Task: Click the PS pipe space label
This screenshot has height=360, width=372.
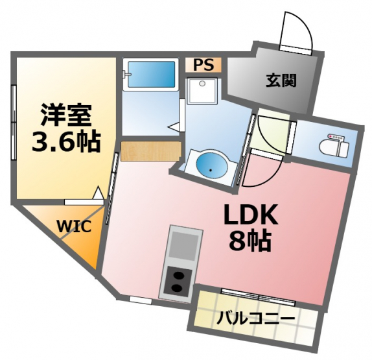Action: pyautogui.click(x=203, y=65)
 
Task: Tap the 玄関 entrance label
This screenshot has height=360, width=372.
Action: pyautogui.click(x=281, y=80)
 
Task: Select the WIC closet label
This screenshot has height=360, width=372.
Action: pyautogui.click(x=74, y=226)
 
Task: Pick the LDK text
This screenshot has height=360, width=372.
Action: pyautogui.click(x=250, y=215)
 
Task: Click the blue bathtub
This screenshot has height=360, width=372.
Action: pyautogui.click(x=152, y=75)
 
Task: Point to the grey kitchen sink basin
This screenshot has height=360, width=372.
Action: pyautogui.click(x=184, y=245)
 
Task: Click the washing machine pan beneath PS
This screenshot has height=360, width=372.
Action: pyautogui.click(x=202, y=91)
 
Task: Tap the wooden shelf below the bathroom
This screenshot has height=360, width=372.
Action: pyautogui.click(x=151, y=151)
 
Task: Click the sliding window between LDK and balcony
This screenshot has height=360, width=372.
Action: pyautogui.click(x=259, y=297)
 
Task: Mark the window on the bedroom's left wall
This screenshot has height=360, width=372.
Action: pyautogui.click(x=14, y=122)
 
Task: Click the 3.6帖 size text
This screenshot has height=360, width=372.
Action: pyautogui.click(x=66, y=142)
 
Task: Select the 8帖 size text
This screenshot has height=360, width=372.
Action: pyautogui.click(x=250, y=240)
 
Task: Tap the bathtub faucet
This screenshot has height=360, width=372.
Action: pyautogui.click(x=126, y=74)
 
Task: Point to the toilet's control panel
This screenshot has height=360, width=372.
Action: pyautogui.click(x=335, y=137)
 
